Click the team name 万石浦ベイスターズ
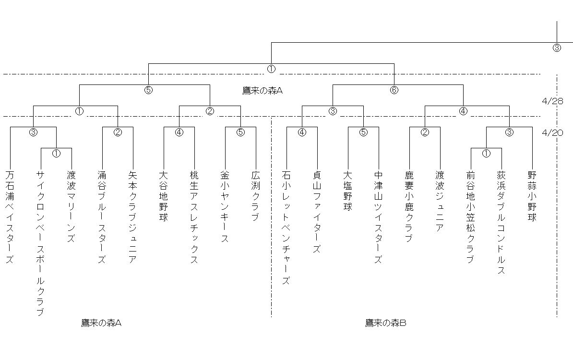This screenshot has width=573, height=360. click(10, 217)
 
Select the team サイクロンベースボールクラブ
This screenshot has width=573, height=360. click(41, 243)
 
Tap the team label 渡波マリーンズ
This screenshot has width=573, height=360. click(71, 206)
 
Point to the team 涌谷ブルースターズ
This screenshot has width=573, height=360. click(102, 217)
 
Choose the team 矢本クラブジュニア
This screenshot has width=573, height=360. click(132, 217)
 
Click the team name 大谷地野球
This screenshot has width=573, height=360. click(163, 196)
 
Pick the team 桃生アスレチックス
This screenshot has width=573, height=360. click(194, 217)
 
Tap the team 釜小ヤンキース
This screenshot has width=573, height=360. click(225, 206)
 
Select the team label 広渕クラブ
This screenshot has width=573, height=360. click(255, 196)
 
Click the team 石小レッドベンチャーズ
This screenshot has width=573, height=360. click(286, 228)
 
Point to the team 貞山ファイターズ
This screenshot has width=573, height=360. click(317, 212)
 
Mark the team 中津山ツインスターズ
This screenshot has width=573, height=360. click(378, 217)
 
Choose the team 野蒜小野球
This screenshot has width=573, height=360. click(532, 196)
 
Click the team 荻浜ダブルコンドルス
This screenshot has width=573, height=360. click(501, 222)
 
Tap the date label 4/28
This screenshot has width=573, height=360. click(552, 101)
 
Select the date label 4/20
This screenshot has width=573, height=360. click(552, 132)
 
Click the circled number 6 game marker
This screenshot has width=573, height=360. click(394, 90)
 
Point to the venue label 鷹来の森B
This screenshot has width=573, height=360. click(385, 323)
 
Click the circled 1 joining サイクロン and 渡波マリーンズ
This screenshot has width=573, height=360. click(56, 154)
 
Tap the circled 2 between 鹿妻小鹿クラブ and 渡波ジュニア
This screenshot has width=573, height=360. click(425, 132)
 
